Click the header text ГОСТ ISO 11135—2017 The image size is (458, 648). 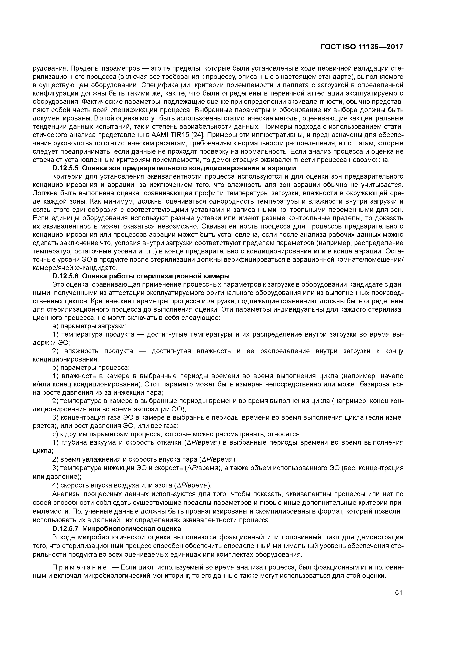[361, 47]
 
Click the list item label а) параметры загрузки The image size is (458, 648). [89, 326]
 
